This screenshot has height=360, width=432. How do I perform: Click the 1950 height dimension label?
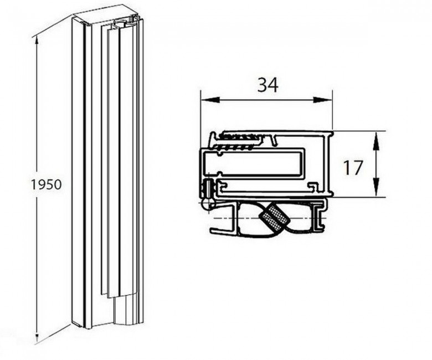[x=47, y=184]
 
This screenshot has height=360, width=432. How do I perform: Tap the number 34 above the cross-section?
[x=268, y=85]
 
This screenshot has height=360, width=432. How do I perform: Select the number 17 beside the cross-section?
[x=353, y=167]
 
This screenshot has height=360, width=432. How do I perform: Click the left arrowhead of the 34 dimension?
[x=210, y=100]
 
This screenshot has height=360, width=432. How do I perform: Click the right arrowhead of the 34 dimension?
[x=322, y=100]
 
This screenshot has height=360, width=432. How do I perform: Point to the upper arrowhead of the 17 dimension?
[x=377, y=141]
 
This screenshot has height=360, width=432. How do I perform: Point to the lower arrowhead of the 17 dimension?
[x=377, y=187]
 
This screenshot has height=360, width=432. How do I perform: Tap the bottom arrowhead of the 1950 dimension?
[x=36, y=337]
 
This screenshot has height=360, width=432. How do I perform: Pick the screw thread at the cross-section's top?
[x=237, y=141]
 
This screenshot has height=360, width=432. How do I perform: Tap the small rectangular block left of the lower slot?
[x=208, y=188]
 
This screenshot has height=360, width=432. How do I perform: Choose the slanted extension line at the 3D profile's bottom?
[x=53, y=335]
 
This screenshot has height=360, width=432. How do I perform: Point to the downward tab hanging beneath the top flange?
[x=274, y=141]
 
